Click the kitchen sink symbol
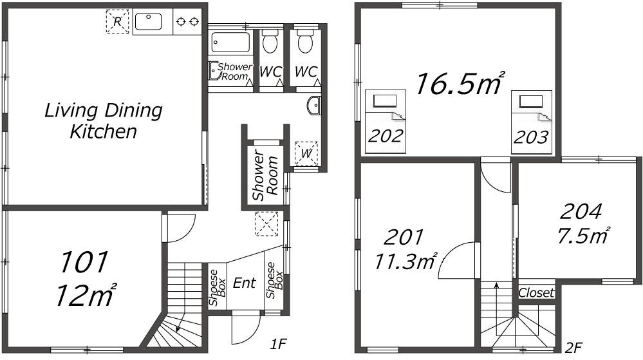click(x=148, y=22)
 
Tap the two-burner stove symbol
click(x=187, y=21)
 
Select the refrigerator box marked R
click(x=118, y=22)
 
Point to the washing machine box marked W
click(x=306, y=153)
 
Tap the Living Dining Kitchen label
click(x=104, y=120)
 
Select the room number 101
click(x=84, y=262)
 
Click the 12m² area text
click(x=85, y=295)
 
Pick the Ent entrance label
click(x=245, y=283)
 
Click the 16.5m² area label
click(x=460, y=83)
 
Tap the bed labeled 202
click(x=386, y=122)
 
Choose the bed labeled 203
click(x=532, y=122)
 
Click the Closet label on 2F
click(x=536, y=292)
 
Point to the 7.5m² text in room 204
click(x=582, y=236)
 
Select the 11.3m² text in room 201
click(x=405, y=261)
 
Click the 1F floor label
click(x=277, y=344)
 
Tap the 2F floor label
click(x=573, y=348)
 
